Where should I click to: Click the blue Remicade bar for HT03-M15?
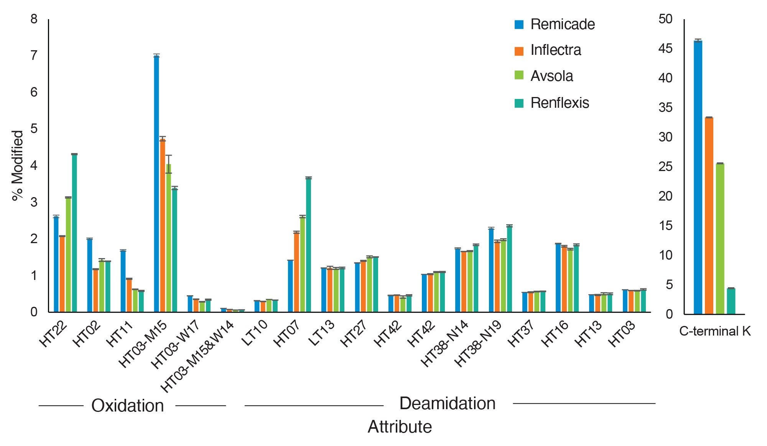pos(156,184)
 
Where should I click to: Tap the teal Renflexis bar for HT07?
pos(308,245)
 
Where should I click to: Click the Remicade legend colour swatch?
pos(519,25)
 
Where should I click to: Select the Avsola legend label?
pos(551,76)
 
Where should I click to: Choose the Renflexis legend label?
pos(560,103)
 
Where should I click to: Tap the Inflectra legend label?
pos(556,50)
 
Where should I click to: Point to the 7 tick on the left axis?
pos(34,56)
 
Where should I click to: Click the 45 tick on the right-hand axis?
pos(665,49)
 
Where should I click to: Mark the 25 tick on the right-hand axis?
pos(665,167)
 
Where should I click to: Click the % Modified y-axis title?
pos(18,165)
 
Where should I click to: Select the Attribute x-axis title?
pos(400,427)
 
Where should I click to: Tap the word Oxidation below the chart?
pos(127,406)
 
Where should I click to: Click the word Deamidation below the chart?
pos(447,403)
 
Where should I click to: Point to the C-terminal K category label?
pos(714,331)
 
